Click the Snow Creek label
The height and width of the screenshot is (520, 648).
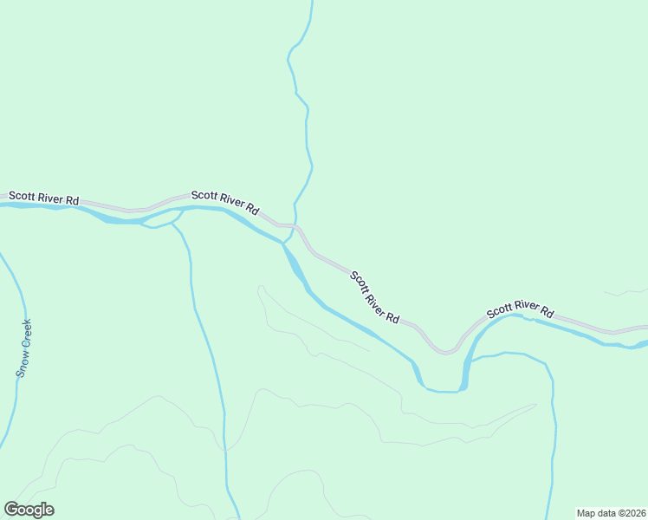click(x=26, y=348)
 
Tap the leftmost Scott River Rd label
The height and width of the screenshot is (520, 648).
click(x=43, y=198)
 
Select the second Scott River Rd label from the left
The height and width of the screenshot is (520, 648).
click(x=225, y=203)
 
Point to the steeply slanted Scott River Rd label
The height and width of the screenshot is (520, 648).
click(x=375, y=297)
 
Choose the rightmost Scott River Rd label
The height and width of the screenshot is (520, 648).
click(x=520, y=310)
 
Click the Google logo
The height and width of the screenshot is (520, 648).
click(x=29, y=510)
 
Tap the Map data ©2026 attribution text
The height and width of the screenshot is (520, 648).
click(x=611, y=513)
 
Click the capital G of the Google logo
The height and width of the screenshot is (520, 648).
click(x=12, y=510)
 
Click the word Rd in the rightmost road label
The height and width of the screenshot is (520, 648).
click(x=547, y=310)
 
